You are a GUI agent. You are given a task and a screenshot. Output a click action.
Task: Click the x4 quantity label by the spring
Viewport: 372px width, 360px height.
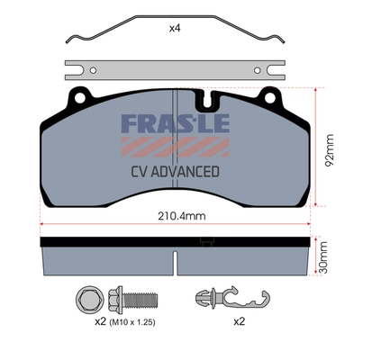[x=175, y=29]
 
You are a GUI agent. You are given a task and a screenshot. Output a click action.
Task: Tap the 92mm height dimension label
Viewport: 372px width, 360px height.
[x=330, y=150]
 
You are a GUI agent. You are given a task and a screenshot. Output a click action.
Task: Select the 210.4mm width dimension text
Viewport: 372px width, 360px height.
[x=182, y=216]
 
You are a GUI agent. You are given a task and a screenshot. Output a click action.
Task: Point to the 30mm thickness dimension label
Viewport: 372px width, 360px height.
[x=322, y=257]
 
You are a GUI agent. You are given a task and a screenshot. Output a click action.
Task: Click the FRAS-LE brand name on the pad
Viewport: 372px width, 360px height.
[x=176, y=123]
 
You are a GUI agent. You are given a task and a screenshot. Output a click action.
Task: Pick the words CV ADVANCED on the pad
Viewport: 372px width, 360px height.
[x=175, y=172]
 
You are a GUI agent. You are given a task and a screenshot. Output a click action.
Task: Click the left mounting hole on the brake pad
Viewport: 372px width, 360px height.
[x=79, y=97]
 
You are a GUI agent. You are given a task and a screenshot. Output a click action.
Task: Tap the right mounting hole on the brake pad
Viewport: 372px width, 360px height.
[x=270, y=97]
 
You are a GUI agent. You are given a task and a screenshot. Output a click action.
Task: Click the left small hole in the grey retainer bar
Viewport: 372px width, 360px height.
[x=94, y=70]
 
